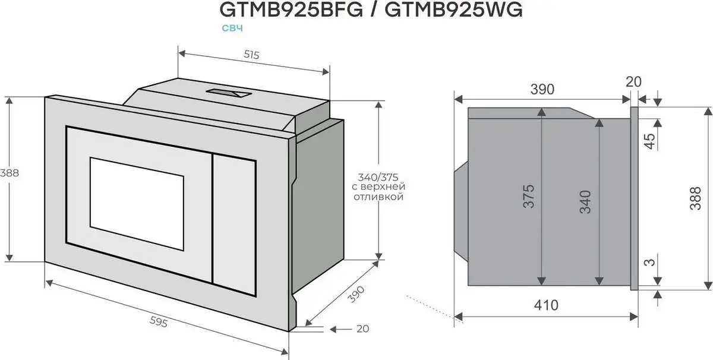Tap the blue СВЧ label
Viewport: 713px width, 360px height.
click(x=234, y=28)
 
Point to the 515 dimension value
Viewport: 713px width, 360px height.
click(x=252, y=55)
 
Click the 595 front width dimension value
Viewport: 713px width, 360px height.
click(x=159, y=322)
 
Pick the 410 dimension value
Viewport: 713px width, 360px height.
click(x=546, y=305)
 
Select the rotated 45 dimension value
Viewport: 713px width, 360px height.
click(x=649, y=141)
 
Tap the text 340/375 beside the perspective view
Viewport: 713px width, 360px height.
click(x=378, y=177)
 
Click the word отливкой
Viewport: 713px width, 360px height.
click(x=378, y=197)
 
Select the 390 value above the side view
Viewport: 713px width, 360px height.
click(x=542, y=89)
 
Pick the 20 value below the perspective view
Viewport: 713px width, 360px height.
click(x=362, y=329)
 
